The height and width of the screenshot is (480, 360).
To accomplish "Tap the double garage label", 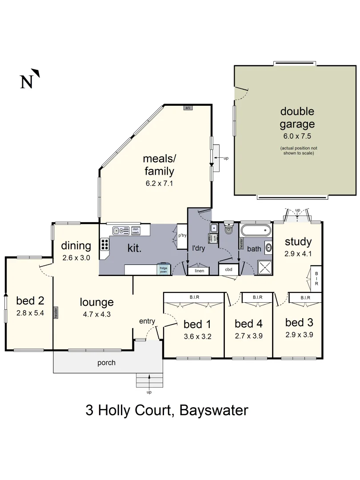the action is click(297, 118).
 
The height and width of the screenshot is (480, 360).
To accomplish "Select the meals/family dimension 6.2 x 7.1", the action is click(159, 183).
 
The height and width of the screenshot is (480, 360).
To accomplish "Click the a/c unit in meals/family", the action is click(188, 108).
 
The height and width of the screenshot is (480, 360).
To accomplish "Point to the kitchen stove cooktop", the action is click(104, 245).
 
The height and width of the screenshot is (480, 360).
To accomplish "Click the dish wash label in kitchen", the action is click(136, 231).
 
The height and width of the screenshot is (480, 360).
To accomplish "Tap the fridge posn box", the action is click(164, 269).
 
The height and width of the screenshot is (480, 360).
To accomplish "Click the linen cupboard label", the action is click(199, 270).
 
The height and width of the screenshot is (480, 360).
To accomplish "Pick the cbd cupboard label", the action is click(229, 269).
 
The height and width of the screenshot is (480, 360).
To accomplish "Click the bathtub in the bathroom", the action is click(255, 230).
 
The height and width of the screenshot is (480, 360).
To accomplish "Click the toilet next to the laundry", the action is click(228, 229).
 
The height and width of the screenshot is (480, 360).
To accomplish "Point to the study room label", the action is click(298, 242).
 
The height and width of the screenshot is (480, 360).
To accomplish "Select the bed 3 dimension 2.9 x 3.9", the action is click(299, 335).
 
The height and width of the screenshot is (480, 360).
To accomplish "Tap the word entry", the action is click(147, 321).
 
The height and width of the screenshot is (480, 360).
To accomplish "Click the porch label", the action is click(107, 363).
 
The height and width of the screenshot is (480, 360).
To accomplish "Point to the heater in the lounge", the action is click(56, 312).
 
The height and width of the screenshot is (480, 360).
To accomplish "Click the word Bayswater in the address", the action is click(214, 410).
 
